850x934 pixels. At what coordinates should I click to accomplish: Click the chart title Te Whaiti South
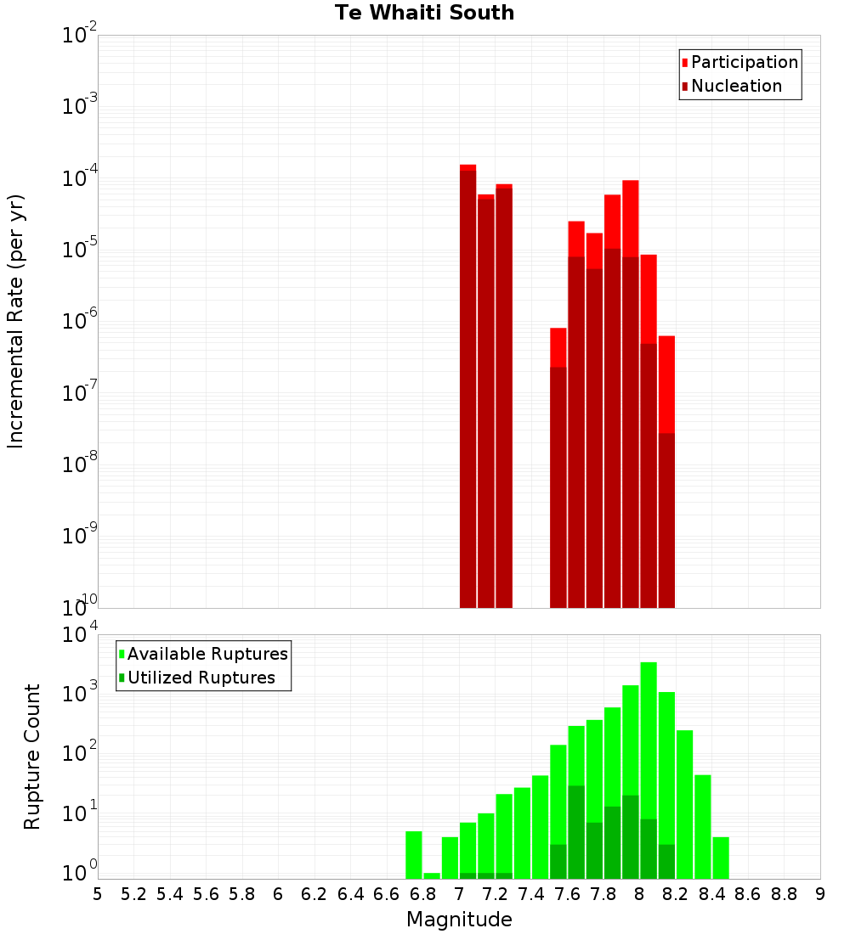424,13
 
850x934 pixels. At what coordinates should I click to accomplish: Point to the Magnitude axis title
459,920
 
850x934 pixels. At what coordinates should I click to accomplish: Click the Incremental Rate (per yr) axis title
15,321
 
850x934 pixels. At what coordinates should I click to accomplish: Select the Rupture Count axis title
32,756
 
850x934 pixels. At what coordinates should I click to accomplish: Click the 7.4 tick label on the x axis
531,894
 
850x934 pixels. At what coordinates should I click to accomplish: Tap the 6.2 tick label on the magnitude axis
314,894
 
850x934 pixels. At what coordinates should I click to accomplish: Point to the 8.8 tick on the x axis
784,894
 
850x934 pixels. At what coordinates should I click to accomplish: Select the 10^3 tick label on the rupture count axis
80,693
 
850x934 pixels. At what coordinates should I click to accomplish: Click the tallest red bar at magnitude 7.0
467,382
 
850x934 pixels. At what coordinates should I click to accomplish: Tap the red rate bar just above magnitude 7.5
558,467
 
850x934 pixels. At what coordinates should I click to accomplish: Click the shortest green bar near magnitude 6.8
432,875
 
